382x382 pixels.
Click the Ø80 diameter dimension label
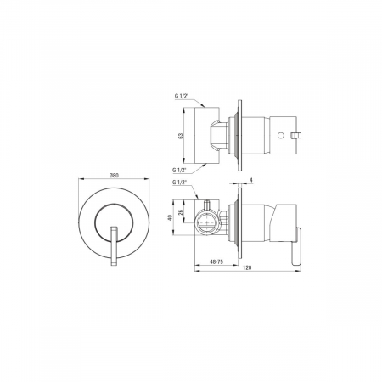pos(114,176)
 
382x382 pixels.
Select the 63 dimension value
pos(181,136)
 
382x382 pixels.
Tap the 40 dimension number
pos(170,217)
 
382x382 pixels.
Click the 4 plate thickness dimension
pos(251,180)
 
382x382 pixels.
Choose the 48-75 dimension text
pos(216,261)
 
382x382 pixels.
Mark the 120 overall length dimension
pos(247,267)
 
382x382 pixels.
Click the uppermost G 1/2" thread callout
pos(182,96)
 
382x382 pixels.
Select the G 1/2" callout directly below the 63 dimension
pos(180,170)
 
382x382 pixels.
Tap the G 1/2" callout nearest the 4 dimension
pos(180,183)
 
